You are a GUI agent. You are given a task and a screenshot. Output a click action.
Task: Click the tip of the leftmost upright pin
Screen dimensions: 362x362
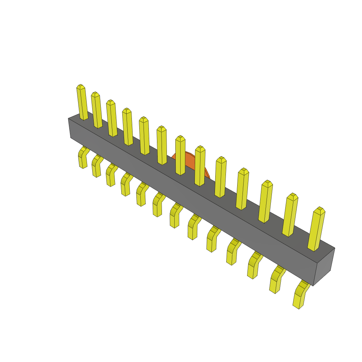point(81,87)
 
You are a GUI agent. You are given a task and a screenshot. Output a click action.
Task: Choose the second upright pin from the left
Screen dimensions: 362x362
point(97,110)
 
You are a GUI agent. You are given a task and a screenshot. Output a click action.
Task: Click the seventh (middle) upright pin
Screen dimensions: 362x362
point(180,156)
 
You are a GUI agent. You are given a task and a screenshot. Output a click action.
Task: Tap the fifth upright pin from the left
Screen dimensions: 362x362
point(144,136)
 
